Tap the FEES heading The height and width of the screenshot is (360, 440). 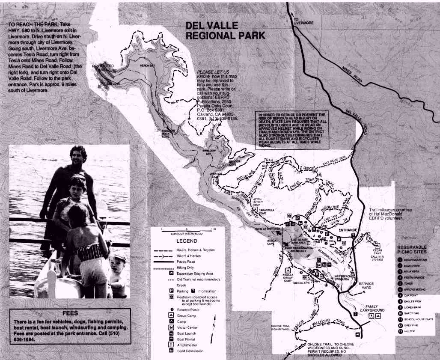pos(70,312)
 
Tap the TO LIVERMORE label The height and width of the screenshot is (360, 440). pos(302,21)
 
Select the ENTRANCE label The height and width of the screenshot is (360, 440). pos(348,230)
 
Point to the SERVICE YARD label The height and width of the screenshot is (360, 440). pos(366,286)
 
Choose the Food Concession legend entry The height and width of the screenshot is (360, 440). pos(191,351)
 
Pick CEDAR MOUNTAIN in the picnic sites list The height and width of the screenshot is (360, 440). pos(417,259)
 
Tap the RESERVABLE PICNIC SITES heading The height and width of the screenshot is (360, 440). pos(418,250)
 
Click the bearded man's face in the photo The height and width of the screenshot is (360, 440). pos(78,157)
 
